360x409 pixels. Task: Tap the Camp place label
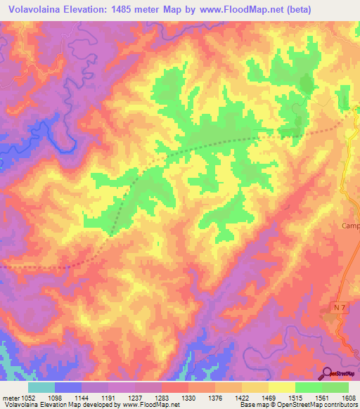(x=349, y=226)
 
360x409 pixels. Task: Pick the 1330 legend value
(x=188, y=398)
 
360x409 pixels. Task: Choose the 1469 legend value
(x=268, y=398)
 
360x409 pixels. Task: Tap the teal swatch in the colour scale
(x=41, y=387)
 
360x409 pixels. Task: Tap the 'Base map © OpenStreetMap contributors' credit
(x=297, y=405)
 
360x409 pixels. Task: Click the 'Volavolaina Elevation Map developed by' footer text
(x=60, y=405)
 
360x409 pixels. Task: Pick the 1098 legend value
(x=56, y=398)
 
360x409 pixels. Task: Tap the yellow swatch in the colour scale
(x=281, y=387)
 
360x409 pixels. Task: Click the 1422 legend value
(x=241, y=398)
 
